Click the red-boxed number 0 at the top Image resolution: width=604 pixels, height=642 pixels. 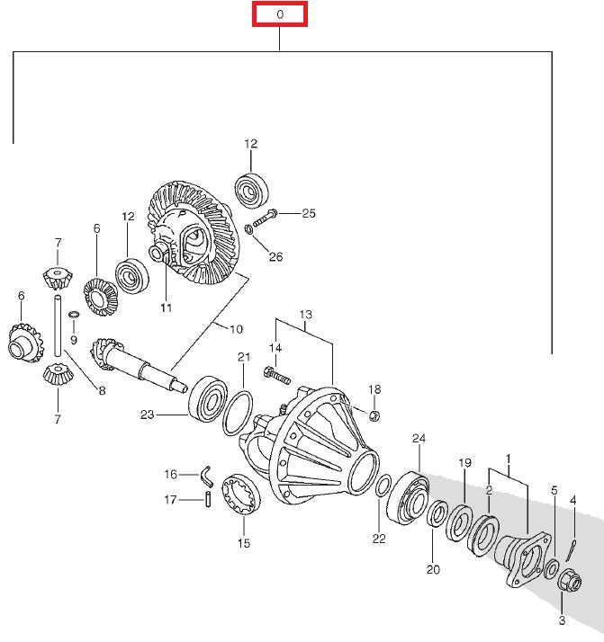(280, 14)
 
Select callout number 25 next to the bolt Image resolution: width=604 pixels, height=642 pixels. (309, 214)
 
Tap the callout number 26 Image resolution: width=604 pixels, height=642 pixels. (275, 256)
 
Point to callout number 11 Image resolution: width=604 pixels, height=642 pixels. (166, 308)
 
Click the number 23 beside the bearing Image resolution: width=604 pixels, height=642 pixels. (148, 415)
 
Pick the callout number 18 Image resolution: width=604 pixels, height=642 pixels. (374, 388)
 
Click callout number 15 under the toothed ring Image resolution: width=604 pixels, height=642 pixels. (243, 543)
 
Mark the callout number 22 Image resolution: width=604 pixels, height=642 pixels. (379, 539)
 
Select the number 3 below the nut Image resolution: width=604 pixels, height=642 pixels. (562, 620)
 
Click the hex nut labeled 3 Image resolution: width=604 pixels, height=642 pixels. (567, 583)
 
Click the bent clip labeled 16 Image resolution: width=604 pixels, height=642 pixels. (205, 472)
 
